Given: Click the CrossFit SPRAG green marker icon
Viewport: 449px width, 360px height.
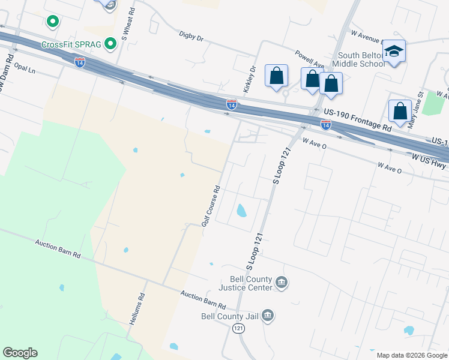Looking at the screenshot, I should pos(110,44).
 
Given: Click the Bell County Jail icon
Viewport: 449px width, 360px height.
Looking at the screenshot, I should pos(268,316).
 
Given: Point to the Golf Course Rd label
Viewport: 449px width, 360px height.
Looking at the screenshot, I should pos(211,205).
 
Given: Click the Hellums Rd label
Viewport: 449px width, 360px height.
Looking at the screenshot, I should pos(137,309).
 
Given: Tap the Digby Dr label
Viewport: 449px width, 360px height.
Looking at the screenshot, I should pos(191,36).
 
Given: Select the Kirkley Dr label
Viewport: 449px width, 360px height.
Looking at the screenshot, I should pos(249,79).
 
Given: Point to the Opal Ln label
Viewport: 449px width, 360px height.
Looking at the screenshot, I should pos(25,70).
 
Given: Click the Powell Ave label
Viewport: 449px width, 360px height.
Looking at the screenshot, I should pos(310,59).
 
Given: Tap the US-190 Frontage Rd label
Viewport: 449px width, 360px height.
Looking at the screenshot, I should pos(357,120).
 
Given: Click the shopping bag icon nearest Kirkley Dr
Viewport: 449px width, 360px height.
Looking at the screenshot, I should pos(276,76).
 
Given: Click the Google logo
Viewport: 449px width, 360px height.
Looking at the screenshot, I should pos(20,353).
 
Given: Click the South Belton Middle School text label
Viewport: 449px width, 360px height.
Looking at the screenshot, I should pos(359,59).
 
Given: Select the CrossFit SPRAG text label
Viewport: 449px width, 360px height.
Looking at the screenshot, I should pos(71,45).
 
